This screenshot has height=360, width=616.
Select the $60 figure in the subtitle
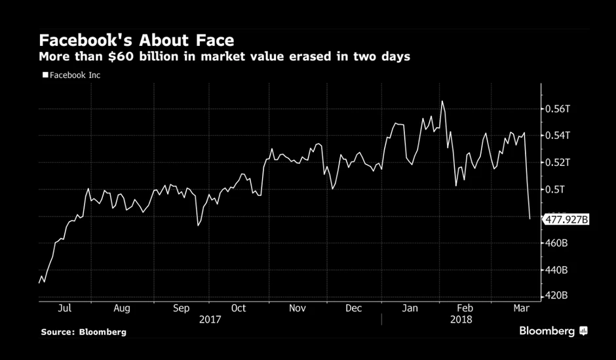tap(120, 56)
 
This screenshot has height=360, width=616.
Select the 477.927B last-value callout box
tap(566, 220)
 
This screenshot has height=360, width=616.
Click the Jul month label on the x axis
tap(65, 308)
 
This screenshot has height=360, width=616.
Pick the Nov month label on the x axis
tap(297, 308)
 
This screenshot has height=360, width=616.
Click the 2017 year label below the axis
tap(210, 319)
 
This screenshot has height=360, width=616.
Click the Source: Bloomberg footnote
tap(83, 332)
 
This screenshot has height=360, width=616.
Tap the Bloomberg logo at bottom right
tap(552, 331)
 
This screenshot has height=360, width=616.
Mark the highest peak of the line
tap(442, 101)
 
